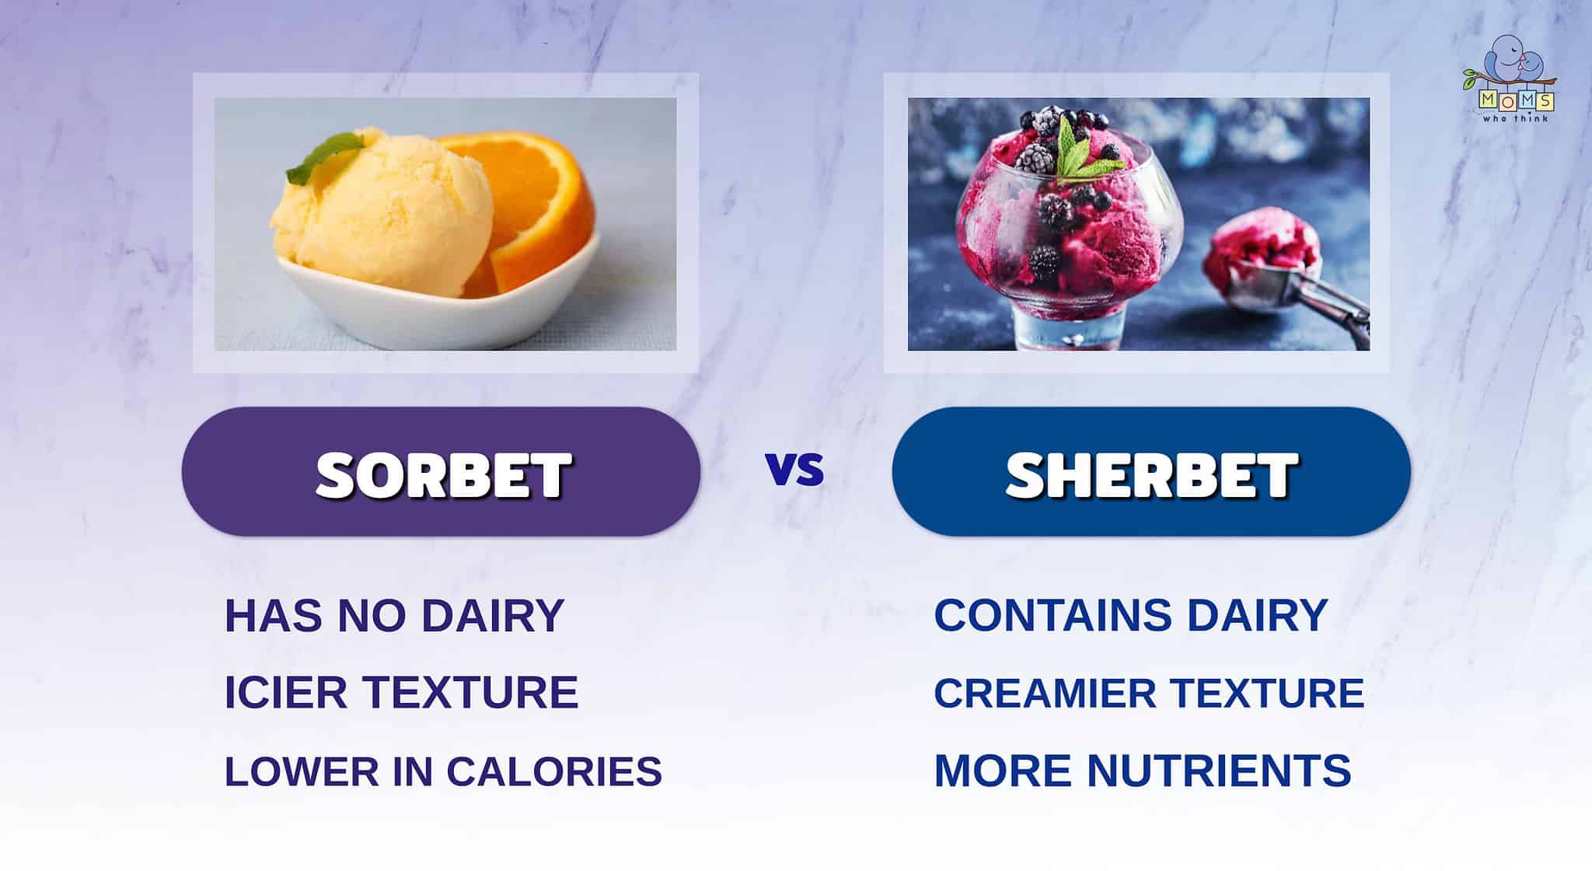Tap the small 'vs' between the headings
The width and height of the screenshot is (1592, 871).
click(794, 470)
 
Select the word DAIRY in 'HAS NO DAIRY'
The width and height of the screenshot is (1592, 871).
click(493, 615)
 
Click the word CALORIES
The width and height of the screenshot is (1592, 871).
click(554, 771)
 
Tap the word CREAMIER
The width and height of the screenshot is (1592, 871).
click(1046, 693)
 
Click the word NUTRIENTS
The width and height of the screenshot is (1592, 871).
click(1219, 771)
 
